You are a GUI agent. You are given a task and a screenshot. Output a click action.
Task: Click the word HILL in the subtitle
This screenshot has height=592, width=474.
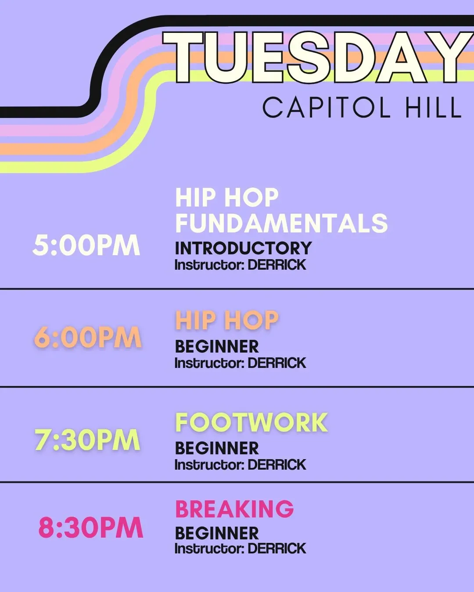(x=434, y=107)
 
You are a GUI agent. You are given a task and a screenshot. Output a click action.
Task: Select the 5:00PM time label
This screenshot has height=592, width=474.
(x=86, y=245)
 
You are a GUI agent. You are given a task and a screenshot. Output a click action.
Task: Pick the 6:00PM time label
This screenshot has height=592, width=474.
(x=88, y=337)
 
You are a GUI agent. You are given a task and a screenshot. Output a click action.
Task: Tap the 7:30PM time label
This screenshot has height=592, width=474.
(x=88, y=439)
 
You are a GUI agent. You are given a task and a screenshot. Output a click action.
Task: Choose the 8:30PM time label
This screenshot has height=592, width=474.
(x=90, y=528)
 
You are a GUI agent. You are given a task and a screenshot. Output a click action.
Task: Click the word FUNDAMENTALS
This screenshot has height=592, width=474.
(x=281, y=223)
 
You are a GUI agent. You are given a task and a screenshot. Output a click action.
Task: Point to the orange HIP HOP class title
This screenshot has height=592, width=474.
(x=227, y=320)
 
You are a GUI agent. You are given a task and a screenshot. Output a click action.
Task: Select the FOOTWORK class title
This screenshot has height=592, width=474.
(x=251, y=422)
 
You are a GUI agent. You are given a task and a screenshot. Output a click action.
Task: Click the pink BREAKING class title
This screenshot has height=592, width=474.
(x=234, y=509)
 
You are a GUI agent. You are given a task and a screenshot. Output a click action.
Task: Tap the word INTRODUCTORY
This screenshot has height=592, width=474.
(x=243, y=248)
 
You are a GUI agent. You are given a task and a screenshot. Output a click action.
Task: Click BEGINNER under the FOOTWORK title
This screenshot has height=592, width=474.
(x=217, y=449)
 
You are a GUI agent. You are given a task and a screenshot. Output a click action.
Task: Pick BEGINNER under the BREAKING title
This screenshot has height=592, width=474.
(x=217, y=533)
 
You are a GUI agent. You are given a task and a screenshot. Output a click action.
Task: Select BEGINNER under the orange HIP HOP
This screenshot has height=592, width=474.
(x=217, y=346)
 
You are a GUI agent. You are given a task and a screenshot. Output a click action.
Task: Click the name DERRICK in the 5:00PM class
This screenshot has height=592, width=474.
(x=277, y=265)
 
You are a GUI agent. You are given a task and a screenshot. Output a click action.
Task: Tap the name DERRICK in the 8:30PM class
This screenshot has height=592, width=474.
(x=277, y=548)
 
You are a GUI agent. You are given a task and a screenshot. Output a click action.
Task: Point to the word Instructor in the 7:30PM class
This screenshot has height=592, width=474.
(x=209, y=465)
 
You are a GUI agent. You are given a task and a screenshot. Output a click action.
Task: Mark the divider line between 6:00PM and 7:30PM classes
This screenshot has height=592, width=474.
(x=237, y=386)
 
